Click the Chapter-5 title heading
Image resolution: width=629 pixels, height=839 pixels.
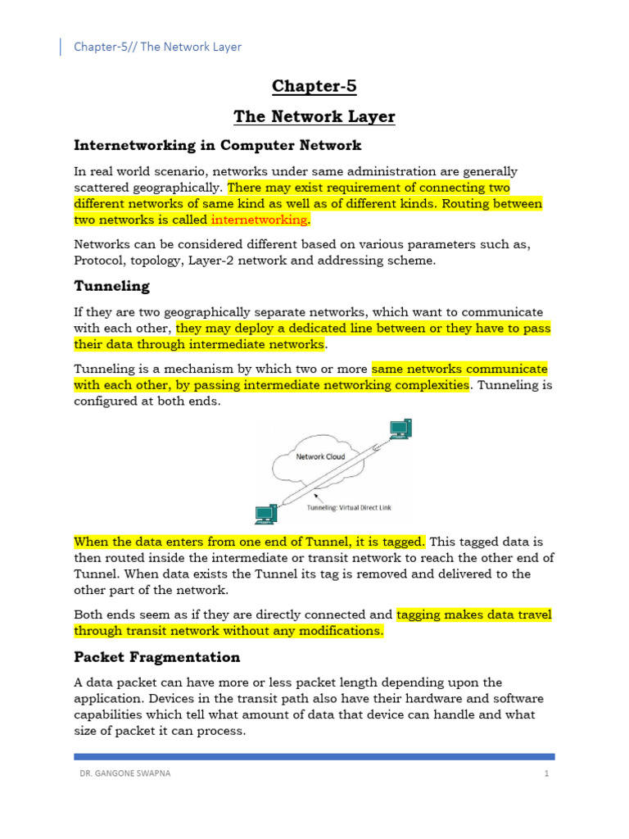[x=314, y=86]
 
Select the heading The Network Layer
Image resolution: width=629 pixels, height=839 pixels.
[x=314, y=117]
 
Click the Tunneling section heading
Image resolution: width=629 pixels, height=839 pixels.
[x=112, y=286]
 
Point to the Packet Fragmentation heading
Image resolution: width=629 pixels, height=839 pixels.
[x=157, y=657]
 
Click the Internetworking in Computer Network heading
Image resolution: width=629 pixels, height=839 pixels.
[x=218, y=145]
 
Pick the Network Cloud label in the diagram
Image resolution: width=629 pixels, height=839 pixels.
[x=320, y=456]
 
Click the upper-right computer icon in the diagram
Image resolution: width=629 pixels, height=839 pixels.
[x=400, y=429]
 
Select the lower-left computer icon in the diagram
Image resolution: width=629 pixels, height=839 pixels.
[x=265, y=514]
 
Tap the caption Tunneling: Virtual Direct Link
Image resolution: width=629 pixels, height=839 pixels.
[x=349, y=508]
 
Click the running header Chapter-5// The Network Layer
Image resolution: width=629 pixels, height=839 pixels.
[x=158, y=47]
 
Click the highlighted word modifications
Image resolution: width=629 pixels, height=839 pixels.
[x=338, y=631]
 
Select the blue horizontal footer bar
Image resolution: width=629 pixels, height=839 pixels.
[x=314, y=756]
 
